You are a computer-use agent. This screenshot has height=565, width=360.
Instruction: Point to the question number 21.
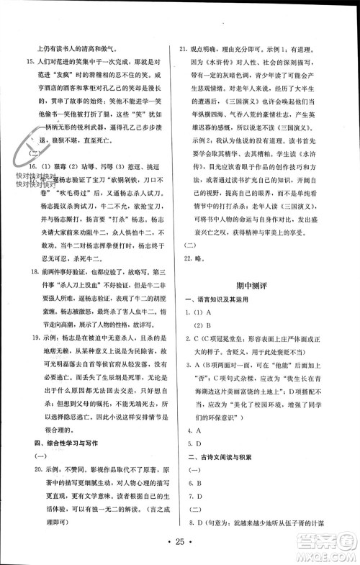pyautogui.click(x=184, y=50)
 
